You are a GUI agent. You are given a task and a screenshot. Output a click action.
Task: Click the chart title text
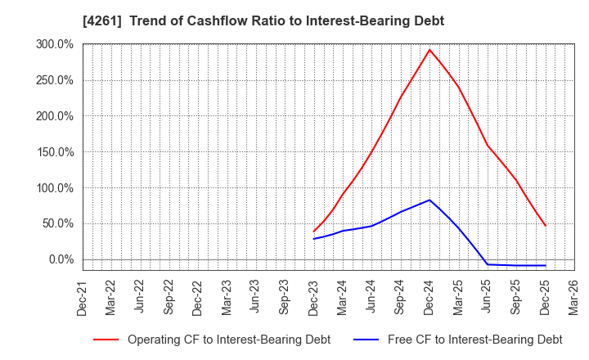[263, 21]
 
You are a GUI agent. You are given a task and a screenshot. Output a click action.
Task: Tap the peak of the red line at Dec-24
[429, 49]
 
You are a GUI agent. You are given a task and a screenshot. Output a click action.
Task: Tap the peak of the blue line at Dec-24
[429, 200]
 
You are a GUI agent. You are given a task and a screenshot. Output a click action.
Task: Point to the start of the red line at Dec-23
[314, 232]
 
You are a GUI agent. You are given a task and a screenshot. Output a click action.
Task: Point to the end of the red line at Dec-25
[545, 226]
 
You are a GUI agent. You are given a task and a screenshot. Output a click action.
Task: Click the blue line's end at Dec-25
[545, 265]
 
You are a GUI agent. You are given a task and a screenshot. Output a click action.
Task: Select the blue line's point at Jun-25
[488, 264]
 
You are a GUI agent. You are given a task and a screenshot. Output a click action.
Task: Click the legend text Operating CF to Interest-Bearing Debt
[229, 340]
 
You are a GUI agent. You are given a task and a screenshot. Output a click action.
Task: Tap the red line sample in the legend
[106, 340]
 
